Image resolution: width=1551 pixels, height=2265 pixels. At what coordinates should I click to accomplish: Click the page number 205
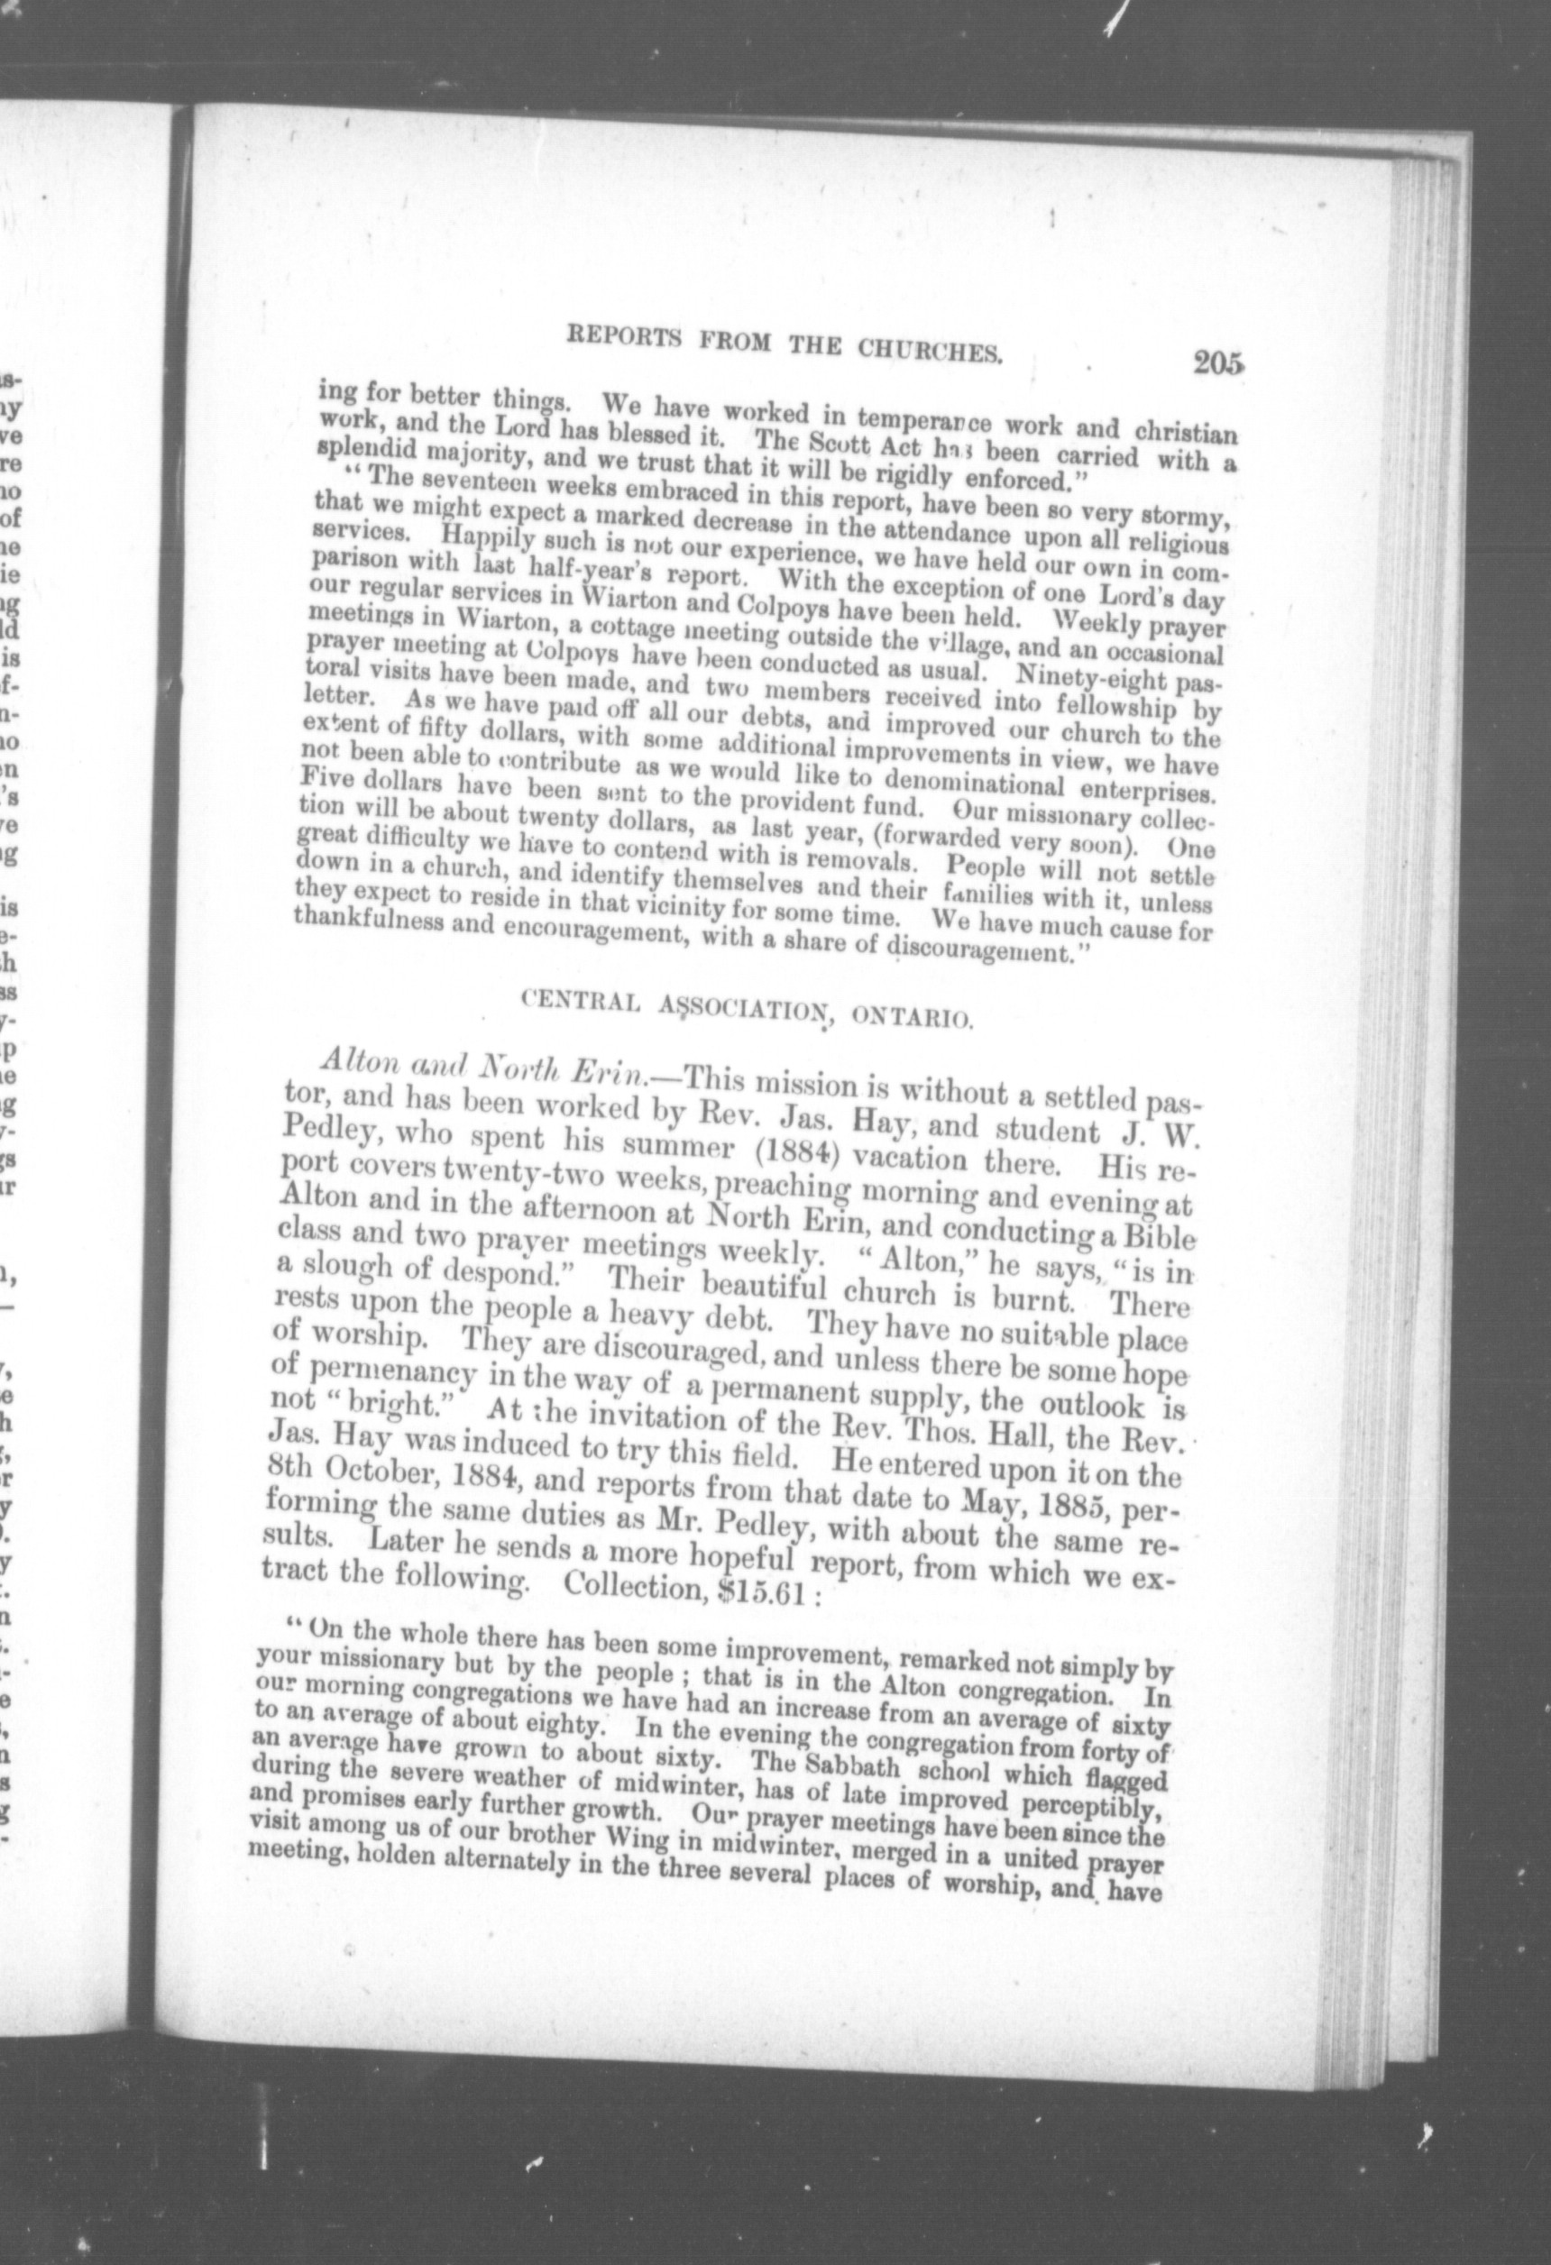click(1216, 362)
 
